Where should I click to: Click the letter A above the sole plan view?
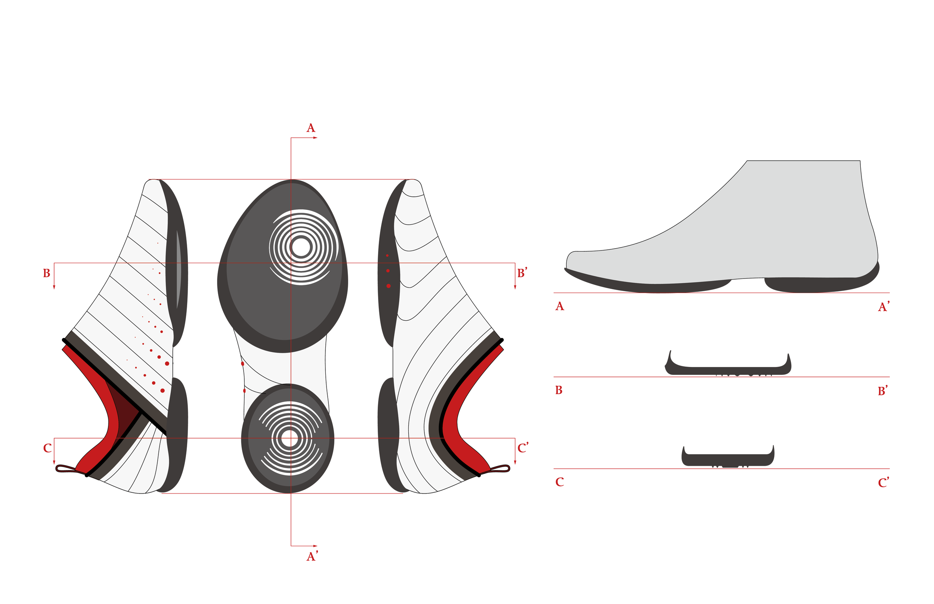pos(310,128)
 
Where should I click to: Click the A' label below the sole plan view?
pos(312,557)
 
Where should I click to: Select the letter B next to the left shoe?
pos(47,273)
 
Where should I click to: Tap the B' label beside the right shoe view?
pos(522,273)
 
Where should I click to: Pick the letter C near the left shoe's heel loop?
pos(47,448)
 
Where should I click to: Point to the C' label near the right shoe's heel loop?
pos(523,448)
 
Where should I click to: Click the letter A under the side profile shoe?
pos(560,306)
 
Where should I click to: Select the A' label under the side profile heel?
pos(883,307)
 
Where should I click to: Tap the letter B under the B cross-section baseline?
pos(559,390)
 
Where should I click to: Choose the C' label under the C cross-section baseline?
pos(883,483)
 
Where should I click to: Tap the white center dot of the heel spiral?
pos(290,439)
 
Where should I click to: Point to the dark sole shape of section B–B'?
pos(728,370)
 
